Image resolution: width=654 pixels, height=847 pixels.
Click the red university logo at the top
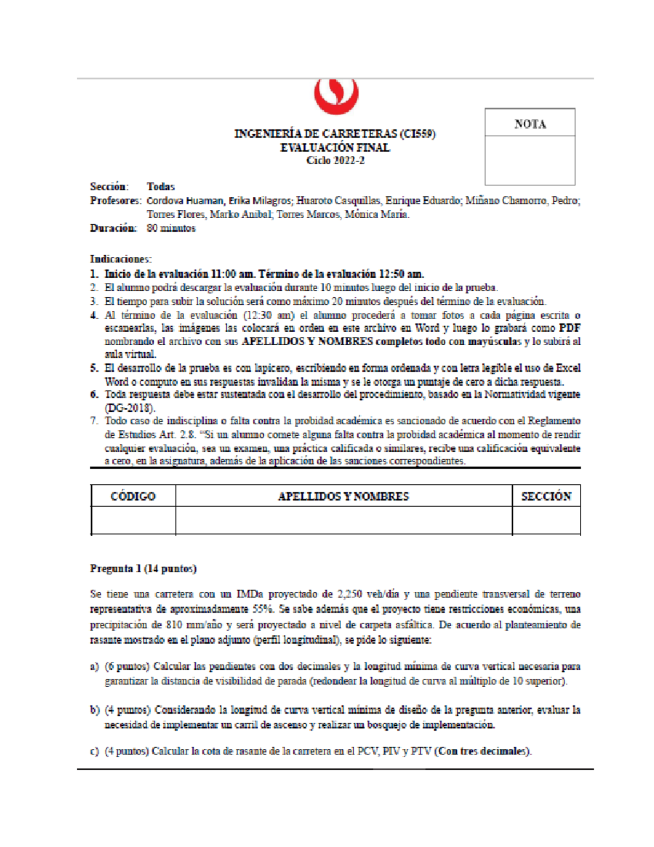[336, 96]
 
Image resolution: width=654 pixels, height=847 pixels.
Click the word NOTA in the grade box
[530, 124]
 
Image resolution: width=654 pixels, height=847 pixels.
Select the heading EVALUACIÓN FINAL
[335, 147]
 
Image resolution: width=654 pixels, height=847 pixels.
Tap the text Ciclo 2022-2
[335, 160]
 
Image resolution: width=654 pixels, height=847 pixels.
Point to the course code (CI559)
[417, 134]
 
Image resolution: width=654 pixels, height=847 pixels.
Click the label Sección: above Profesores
[109, 187]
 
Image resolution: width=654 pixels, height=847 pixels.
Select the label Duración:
[113, 228]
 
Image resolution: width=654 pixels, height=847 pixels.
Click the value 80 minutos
[171, 228]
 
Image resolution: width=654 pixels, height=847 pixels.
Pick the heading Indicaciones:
[120, 259]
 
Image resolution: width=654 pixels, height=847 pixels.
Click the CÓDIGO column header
[133, 496]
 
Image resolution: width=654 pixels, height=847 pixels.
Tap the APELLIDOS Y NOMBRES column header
[343, 496]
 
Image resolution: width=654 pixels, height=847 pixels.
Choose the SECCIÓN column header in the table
[546, 496]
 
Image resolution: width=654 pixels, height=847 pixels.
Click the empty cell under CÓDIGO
[133, 520]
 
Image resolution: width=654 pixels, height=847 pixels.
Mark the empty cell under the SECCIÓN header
[546, 520]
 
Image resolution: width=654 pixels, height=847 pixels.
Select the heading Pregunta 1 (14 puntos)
[143, 569]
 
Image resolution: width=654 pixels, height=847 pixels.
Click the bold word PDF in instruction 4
[570, 328]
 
